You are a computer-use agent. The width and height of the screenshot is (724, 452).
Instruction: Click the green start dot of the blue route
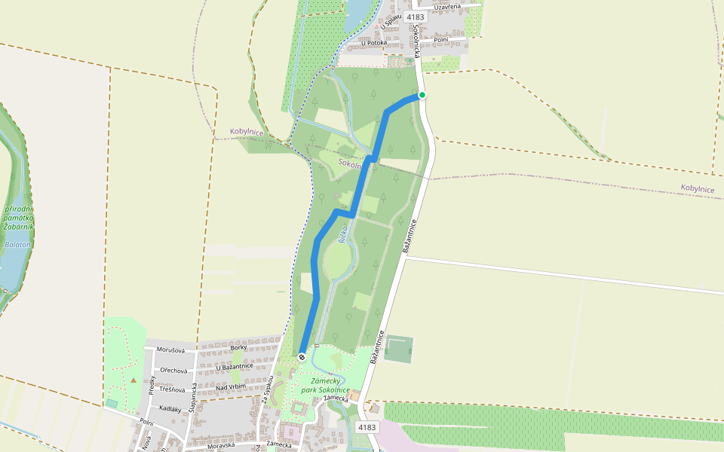point(422,95)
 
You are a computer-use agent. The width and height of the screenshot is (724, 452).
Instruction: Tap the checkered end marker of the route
point(302,356)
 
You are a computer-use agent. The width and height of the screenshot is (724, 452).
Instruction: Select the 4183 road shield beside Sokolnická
point(415,17)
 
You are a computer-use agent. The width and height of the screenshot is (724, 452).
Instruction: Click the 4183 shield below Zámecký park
point(367,427)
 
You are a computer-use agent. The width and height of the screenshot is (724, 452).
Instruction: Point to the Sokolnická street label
point(417,41)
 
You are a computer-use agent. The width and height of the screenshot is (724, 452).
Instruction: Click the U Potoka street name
point(374,43)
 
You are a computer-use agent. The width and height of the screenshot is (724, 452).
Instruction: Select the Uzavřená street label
point(447,7)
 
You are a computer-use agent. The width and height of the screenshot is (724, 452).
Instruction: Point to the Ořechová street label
point(170,371)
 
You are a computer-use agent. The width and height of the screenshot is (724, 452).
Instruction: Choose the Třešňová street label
point(171,390)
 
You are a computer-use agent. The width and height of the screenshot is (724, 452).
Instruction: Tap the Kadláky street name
point(170,409)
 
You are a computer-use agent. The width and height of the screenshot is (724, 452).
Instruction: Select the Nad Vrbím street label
point(231,387)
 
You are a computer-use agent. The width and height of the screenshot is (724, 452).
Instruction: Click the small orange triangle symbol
point(133,380)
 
